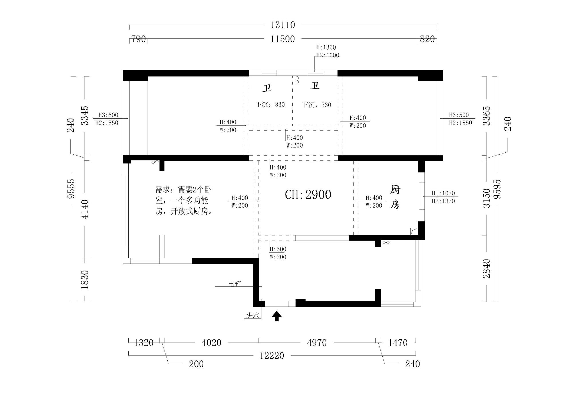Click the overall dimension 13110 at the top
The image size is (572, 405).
pyautogui.click(x=283, y=25)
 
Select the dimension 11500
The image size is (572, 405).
pyautogui.click(x=283, y=39)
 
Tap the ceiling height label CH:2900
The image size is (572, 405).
pyautogui.click(x=308, y=195)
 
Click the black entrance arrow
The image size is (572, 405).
pyautogui.click(x=277, y=316)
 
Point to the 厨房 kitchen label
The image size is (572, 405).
pyautogui.click(x=395, y=197)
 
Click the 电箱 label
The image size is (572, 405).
pyautogui.click(x=235, y=284)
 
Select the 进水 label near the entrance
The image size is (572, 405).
pyautogui.click(x=253, y=315)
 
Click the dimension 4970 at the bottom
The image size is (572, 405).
pyautogui.click(x=317, y=343)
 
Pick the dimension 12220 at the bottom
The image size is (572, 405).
pyautogui.click(x=272, y=356)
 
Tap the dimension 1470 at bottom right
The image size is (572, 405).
pyautogui.click(x=398, y=343)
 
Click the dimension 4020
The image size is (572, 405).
pyautogui.click(x=211, y=343)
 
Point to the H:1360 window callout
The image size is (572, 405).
pyautogui.click(x=326, y=47)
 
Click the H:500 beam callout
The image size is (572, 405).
pyautogui.click(x=278, y=249)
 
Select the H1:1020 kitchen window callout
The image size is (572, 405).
pyautogui.click(x=443, y=193)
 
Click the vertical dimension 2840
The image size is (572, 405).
pyautogui.click(x=486, y=268)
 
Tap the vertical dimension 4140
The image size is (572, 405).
pyautogui.click(x=85, y=209)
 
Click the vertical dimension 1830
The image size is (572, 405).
pyautogui.click(x=85, y=279)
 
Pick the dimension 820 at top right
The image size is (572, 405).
pyautogui.click(x=427, y=39)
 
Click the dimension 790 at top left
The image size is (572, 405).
pyautogui.click(x=138, y=39)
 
